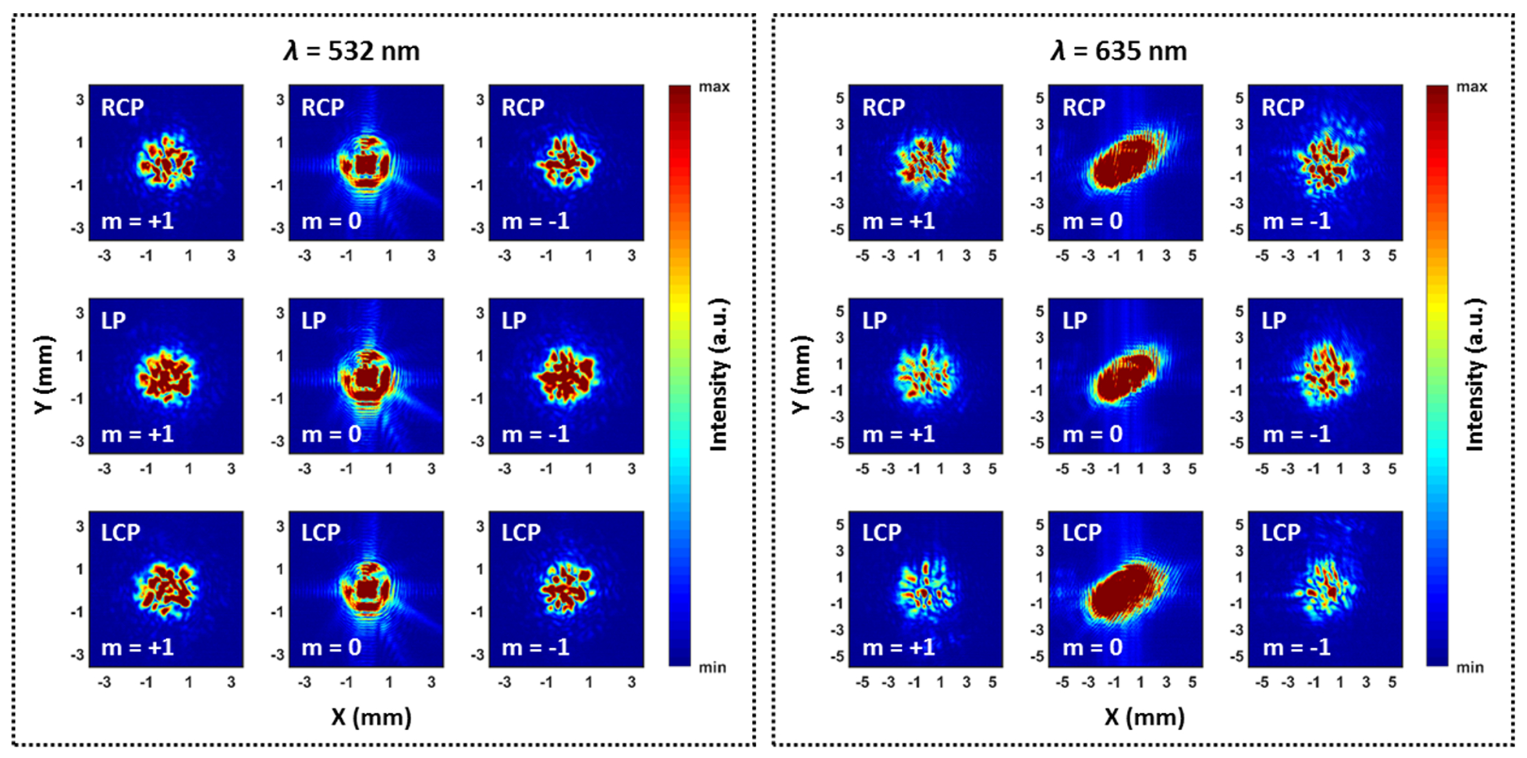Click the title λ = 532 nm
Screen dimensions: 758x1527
tap(352, 51)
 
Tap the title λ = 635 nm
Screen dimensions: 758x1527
tap(1118, 51)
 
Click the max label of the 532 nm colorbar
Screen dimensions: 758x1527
tap(714, 87)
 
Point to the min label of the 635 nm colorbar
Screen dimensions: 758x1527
tap(1469, 667)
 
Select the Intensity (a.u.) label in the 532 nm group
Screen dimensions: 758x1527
tap(719, 375)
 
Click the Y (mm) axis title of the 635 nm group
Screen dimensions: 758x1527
tap(800, 375)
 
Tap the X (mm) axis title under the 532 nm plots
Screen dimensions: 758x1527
tap(371, 717)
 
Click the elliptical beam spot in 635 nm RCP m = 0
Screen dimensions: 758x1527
tap(1124, 162)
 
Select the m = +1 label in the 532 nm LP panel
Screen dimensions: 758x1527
tap(137, 434)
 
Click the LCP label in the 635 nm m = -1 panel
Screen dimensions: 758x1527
tap(1280, 532)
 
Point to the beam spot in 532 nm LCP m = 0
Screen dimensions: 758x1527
tap(366, 589)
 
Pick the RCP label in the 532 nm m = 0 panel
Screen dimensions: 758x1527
tap(322, 107)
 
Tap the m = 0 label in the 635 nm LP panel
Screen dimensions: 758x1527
tap(1092, 434)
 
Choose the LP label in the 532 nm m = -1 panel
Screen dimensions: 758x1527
tap(513, 321)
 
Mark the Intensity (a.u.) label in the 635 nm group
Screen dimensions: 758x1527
tap(1475, 375)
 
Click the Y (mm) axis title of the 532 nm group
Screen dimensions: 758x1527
tap(44, 375)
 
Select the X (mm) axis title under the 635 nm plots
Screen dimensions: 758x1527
tap(1144, 717)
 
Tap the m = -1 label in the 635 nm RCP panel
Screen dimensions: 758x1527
tap(1296, 221)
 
